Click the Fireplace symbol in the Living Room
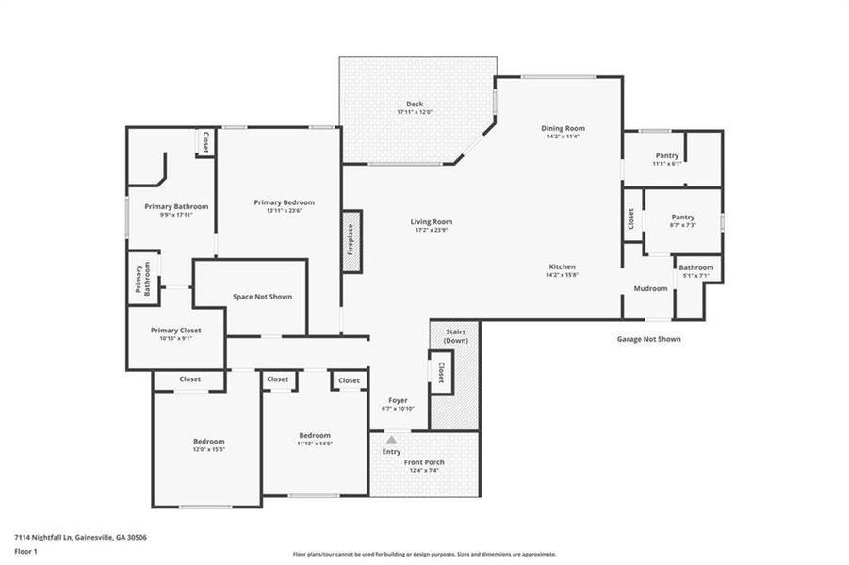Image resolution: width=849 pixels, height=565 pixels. [351, 242]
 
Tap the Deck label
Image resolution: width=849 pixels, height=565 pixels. [415, 105]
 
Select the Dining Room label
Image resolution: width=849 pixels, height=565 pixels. [563, 128]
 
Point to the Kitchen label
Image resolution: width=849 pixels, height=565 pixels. [562, 266]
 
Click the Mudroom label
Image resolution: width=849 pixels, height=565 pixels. [650, 288]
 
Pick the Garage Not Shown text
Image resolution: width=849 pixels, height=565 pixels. [648, 339]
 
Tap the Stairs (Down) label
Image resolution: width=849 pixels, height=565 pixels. [455, 336]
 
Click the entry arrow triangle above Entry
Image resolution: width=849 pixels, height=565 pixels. [392, 438]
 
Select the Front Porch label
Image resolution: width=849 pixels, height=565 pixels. [425, 462]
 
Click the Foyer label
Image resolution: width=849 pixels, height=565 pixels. [398, 400]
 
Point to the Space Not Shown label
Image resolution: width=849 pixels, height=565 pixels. [262, 297]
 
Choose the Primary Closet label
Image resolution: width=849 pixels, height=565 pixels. [176, 331]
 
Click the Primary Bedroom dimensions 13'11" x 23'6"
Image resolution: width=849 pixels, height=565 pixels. [284, 211]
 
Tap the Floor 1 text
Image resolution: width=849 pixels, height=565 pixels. [25, 552]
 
